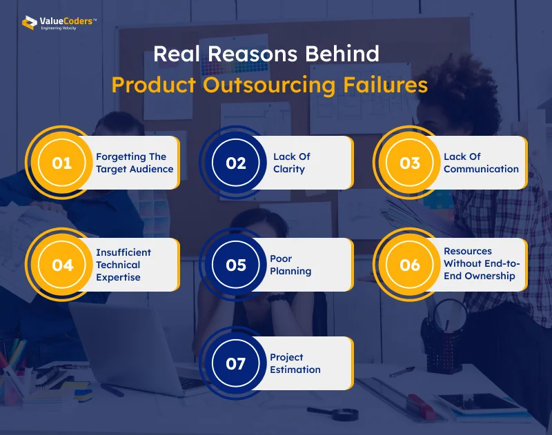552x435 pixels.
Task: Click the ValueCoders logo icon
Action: click(29, 23)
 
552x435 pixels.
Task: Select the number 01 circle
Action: click(62, 163)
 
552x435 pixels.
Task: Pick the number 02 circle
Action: click(236, 163)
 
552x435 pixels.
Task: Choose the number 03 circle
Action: click(410, 163)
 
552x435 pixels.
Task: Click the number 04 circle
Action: click(62, 265)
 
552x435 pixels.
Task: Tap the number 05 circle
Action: click(236, 265)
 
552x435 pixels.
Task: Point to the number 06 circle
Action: click(410, 265)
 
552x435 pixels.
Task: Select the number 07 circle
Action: click(236, 363)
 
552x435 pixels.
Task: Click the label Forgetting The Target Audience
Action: click(135, 163)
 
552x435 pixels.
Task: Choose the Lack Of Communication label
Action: click(481, 163)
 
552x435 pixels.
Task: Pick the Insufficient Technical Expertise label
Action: click(124, 265)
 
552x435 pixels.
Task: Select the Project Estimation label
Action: click(295, 363)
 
